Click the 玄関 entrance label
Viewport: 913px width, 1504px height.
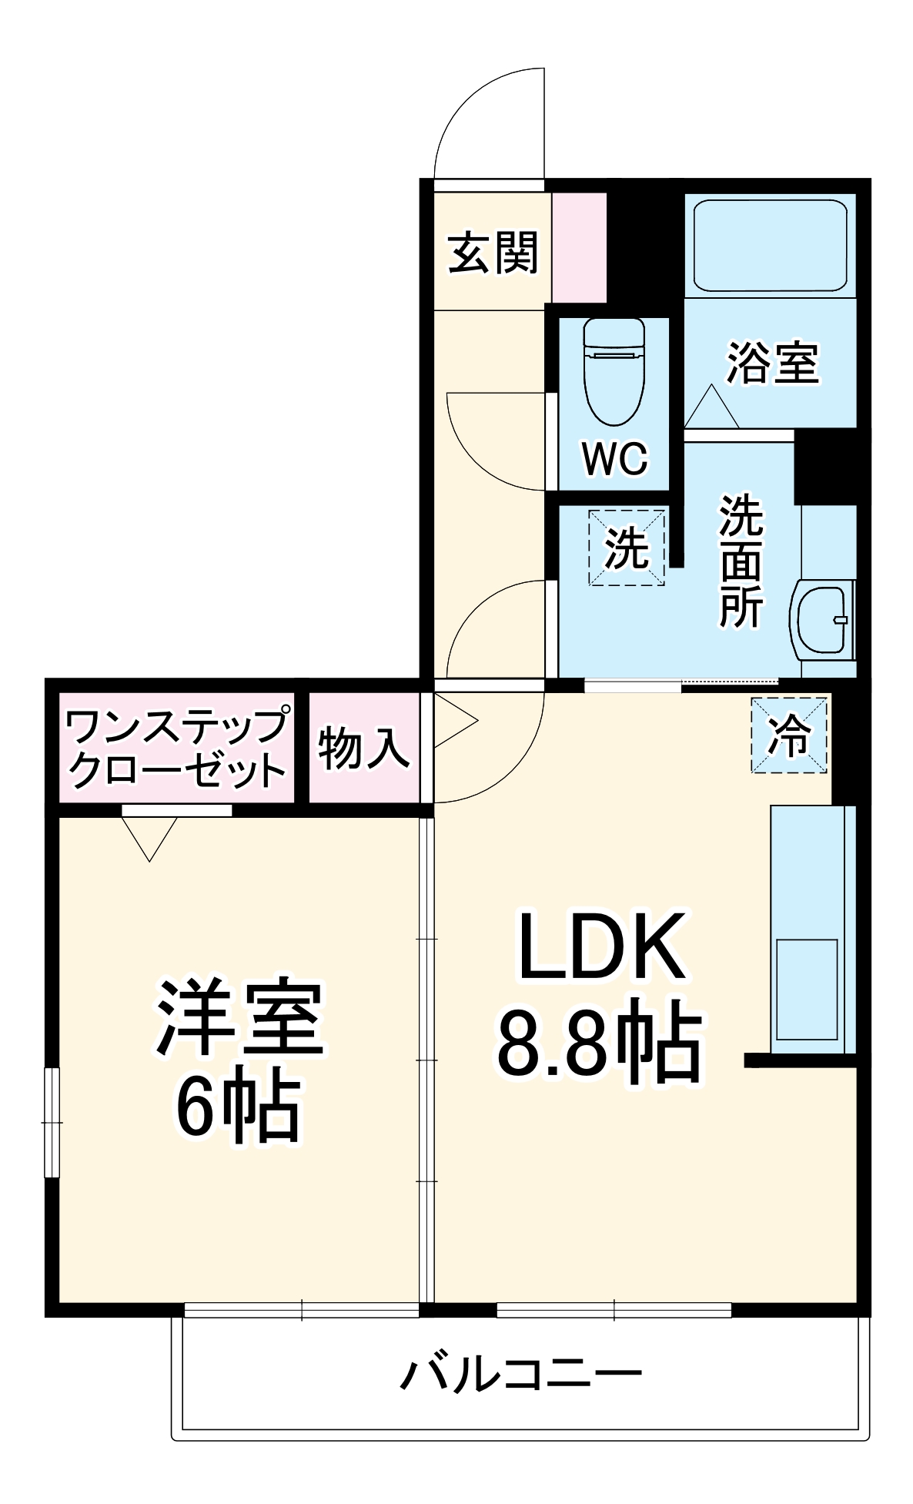coord(493,253)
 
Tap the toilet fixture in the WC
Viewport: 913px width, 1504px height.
coord(614,370)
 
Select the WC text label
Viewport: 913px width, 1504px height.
coord(614,460)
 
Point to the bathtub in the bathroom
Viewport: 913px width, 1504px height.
coord(770,245)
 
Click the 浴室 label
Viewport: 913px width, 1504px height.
coord(772,363)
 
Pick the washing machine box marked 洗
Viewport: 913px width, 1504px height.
coord(627,548)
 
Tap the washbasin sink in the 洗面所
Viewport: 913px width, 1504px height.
coord(822,621)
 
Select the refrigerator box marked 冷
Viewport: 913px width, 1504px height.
coord(789,735)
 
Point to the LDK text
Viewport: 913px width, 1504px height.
coord(602,946)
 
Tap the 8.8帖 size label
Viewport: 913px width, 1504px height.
coord(599,1040)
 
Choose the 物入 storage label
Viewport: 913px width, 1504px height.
coord(363,747)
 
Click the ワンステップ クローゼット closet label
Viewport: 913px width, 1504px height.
coord(176,748)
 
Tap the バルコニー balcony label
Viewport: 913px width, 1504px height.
coord(520,1373)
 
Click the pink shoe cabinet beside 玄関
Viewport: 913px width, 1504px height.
coord(579,246)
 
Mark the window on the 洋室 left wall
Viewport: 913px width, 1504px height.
coord(52,1123)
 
